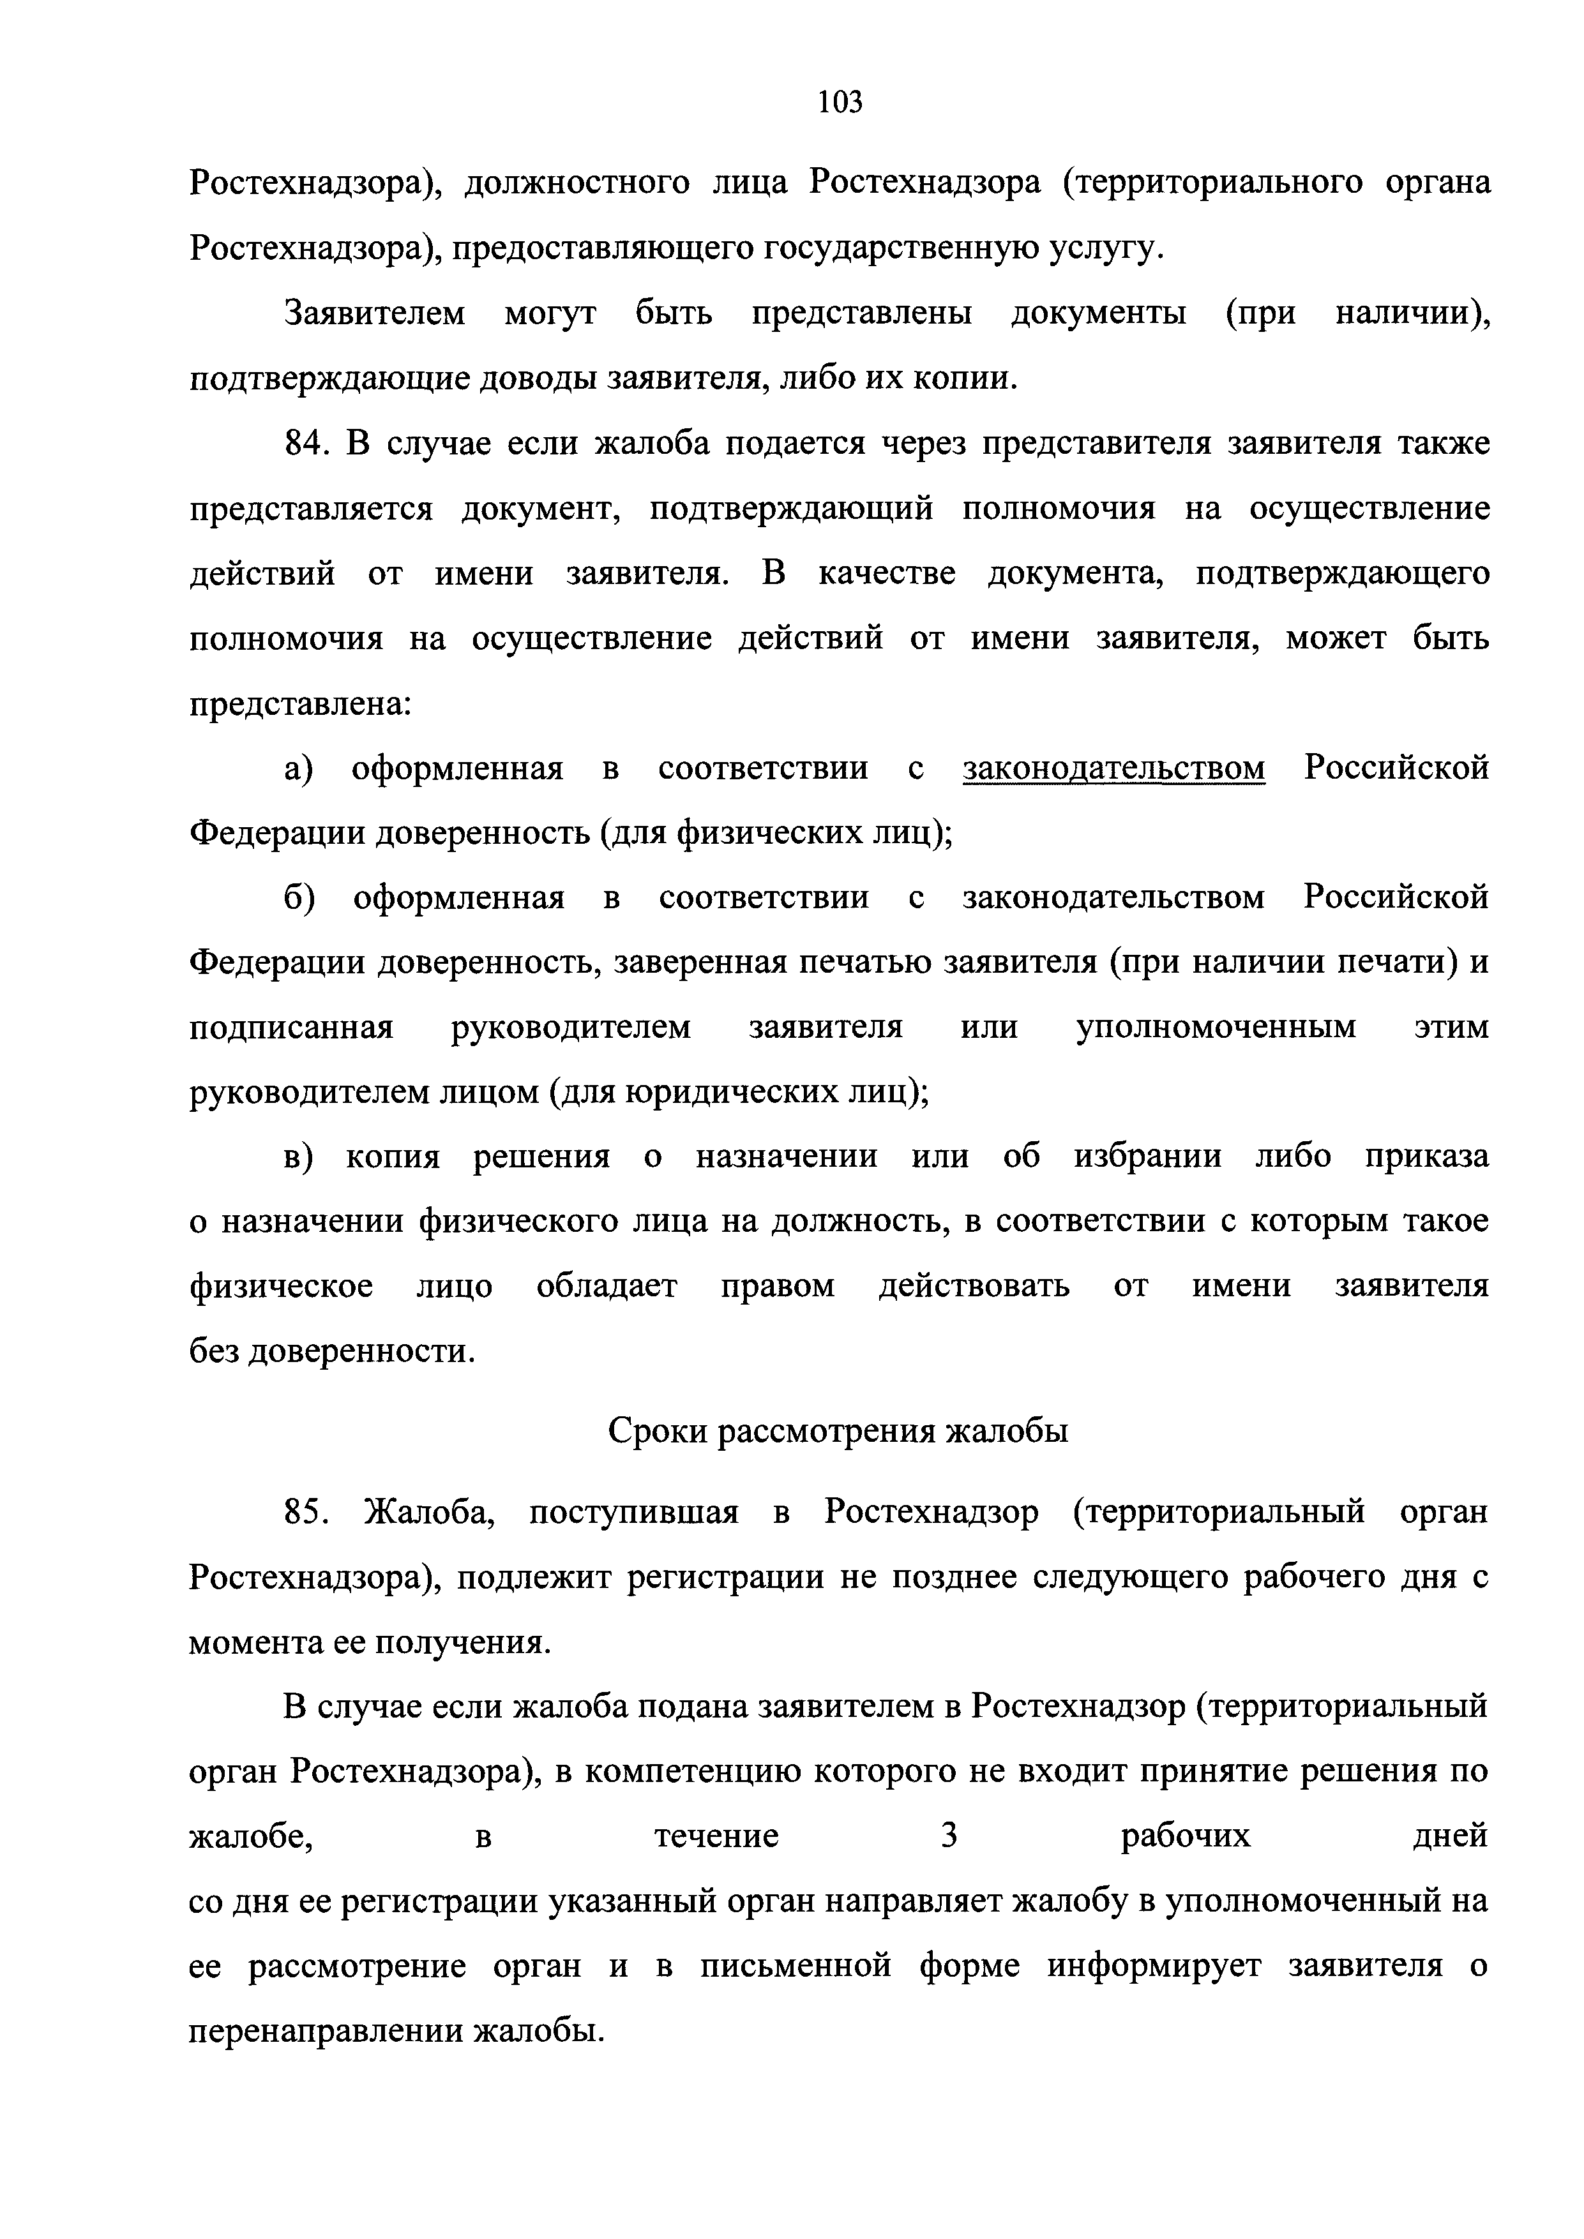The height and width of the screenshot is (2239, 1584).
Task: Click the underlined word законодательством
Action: (x=1114, y=769)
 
